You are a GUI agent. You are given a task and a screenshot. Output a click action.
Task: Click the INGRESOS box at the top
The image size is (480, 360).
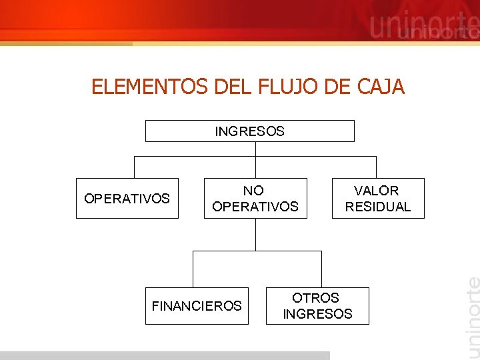(x=249, y=131)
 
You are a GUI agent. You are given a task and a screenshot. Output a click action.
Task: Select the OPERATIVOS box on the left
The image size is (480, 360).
(x=127, y=199)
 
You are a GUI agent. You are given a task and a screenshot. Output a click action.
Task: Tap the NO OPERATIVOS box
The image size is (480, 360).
(x=255, y=199)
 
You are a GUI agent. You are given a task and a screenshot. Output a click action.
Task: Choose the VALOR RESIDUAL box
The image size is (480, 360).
(x=377, y=199)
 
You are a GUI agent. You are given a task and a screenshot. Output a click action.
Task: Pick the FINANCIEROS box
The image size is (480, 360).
(x=197, y=306)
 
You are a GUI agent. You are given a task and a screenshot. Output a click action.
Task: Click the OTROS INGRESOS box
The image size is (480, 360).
(x=317, y=306)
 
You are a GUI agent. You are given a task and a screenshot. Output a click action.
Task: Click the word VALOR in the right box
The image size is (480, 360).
(x=377, y=191)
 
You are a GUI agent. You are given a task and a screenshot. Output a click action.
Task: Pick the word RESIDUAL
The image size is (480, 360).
(x=378, y=207)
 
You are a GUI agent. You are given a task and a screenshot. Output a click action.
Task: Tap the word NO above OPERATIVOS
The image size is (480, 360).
(x=253, y=191)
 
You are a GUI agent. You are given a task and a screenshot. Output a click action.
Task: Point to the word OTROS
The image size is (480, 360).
(x=316, y=298)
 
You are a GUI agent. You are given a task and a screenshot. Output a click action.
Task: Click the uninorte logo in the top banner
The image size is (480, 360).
(x=423, y=28)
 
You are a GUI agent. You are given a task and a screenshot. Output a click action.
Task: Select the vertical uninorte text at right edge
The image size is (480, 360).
(x=471, y=313)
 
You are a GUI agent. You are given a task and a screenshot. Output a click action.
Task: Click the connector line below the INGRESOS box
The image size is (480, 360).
(x=255, y=149)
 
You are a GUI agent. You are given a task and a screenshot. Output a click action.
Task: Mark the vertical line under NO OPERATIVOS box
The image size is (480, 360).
(x=255, y=234)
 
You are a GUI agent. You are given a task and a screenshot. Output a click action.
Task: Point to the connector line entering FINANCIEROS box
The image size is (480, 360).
(x=193, y=269)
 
